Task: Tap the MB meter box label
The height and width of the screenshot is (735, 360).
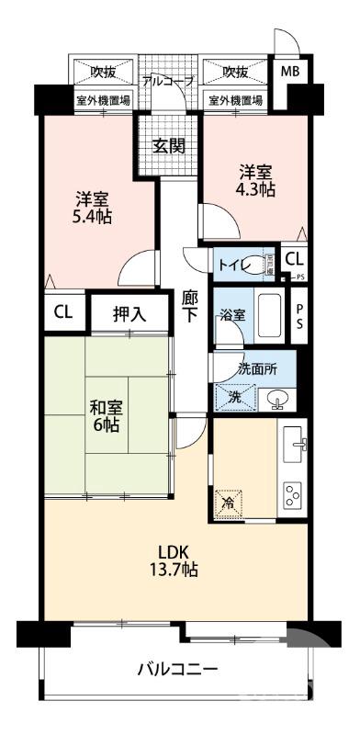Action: [x=289, y=73]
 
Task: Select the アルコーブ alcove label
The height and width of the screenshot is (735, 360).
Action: [x=167, y=81]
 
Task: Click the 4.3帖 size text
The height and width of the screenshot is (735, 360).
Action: [x=254, y=191]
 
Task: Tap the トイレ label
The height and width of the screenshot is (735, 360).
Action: [x=231, y=264]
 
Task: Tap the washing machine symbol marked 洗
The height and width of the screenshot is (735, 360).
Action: [x=229, y=398]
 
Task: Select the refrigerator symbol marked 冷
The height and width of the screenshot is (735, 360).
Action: [x=230, y=503]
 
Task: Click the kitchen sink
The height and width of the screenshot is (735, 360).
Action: [x=295, y=445]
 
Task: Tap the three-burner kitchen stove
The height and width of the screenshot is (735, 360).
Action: [x=295, y=496]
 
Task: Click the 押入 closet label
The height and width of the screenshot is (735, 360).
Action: [x=129, y=313]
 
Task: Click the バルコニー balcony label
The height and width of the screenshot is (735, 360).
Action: [x=178, y=670]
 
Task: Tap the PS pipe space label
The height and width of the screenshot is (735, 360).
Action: [x=299, y=317]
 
